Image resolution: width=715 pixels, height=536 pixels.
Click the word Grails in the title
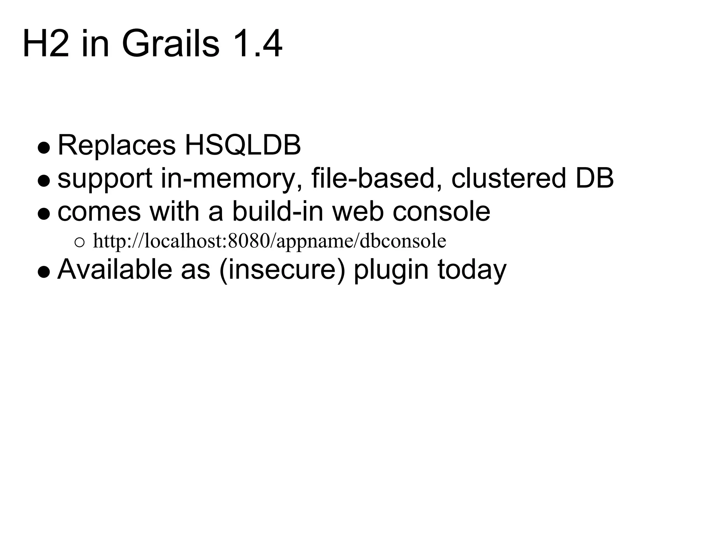tap(170, 44)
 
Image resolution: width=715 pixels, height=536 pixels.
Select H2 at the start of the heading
tap(45, 44)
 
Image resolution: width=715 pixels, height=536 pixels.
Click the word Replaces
tap(116, 145)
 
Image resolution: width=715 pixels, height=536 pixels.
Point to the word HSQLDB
tap(243, 145)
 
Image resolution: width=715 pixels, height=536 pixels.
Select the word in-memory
tap(228, 179)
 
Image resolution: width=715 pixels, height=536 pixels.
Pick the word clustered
tap(508, 178)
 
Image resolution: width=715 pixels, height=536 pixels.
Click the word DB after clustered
tap(595, 178)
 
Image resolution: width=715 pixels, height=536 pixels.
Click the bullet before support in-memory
tap(44, 181)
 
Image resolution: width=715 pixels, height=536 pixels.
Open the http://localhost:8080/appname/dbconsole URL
tap(270, 241)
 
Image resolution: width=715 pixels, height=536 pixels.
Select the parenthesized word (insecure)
tap(282, 270)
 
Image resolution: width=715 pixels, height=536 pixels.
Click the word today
tap(472, 270)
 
